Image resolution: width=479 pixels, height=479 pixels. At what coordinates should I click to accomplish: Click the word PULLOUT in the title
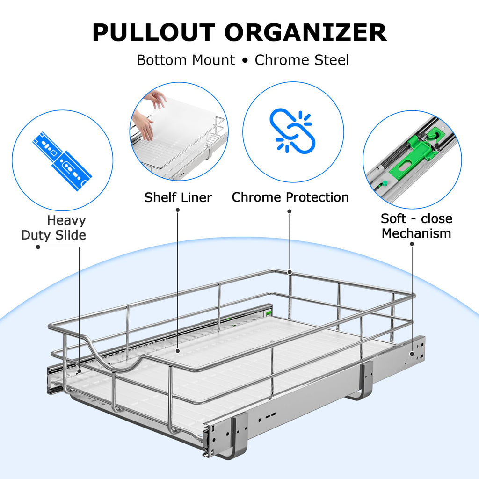[153, 33]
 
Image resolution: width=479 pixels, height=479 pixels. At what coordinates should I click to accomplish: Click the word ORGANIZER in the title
[305, 33]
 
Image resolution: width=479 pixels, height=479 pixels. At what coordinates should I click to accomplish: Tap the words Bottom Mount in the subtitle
[186, 60]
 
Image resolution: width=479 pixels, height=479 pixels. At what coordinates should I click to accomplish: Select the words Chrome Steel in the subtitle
[302, 60]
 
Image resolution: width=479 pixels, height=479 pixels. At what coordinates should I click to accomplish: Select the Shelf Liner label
[178, 197]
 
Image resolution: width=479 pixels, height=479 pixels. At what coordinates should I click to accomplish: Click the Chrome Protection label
[290, 197]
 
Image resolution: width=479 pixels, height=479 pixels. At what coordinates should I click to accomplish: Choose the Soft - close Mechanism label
[416, 226]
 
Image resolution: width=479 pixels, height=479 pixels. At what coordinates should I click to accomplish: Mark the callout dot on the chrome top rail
[290, 272]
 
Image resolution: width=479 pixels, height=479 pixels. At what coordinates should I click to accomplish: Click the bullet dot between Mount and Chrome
[245, 61]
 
